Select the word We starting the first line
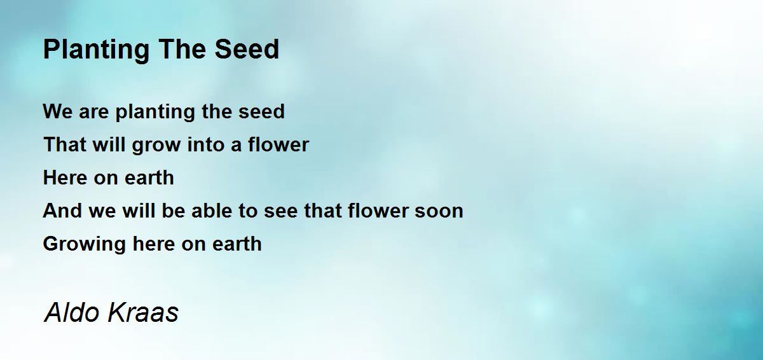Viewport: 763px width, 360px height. [x=57, y=112]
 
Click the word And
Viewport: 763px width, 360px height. [x=61, y=211]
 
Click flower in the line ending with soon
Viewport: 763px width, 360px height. [x=380, y=211]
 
